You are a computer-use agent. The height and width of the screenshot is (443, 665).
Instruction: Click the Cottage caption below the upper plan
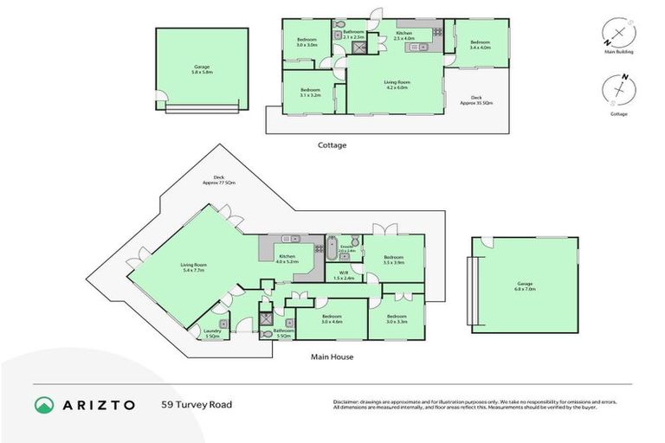click(332, 145)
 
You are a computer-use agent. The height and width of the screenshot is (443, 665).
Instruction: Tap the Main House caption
click(332, 356)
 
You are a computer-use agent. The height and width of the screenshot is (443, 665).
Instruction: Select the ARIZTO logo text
click(98, 404)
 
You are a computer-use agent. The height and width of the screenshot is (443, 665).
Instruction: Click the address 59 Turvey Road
click(197, 404)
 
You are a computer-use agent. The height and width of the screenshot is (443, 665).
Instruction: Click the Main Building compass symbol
click(618, 34)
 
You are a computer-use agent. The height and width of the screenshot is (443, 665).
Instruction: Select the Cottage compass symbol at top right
click(618, 91)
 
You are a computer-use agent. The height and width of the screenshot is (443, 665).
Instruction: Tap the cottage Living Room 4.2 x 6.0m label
click(397, 85)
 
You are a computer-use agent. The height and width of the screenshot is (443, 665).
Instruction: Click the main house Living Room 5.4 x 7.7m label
click(193, 267)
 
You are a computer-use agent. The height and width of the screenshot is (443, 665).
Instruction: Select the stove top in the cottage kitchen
click(437, 32)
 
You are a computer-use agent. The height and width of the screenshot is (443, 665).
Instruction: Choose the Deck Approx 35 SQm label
click(475, 100)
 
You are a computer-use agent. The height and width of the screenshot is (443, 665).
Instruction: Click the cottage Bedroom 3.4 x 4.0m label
click(480, 45)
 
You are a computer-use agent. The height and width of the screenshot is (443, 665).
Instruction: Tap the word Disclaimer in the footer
click(347, 402)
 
